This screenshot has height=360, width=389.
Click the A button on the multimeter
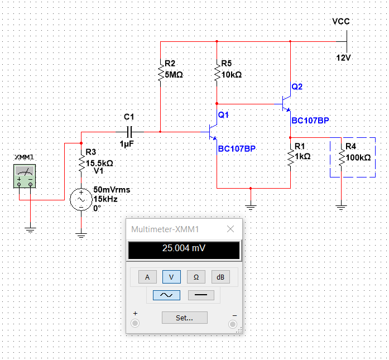tap(147, 277)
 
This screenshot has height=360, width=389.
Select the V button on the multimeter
tap(171, 277)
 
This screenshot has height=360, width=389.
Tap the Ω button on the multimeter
tap(196, 277)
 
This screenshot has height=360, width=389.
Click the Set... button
tap(185, 318)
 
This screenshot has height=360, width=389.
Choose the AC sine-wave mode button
tap(166, 295)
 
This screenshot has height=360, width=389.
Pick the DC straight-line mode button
tap(201, 295)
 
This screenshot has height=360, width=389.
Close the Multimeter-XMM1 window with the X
tap(230, 229)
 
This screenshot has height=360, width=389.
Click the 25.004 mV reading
tap(184, 248)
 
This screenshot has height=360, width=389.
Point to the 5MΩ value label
tap(174, 74)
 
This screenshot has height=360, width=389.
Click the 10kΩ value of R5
tap(232, 74)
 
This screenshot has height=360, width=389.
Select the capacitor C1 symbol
tap(129, 132)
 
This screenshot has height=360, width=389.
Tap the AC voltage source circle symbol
tap(81, 199)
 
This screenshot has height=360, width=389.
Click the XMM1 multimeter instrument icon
tap(25, 176)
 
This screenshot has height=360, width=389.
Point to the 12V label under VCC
tap(343, 58)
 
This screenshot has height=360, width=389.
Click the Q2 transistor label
tap(297, 87)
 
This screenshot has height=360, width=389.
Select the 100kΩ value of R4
tap(358, 157)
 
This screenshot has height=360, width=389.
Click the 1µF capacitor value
tap(127, 143)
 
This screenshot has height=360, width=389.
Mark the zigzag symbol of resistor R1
tap(291, 158)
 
